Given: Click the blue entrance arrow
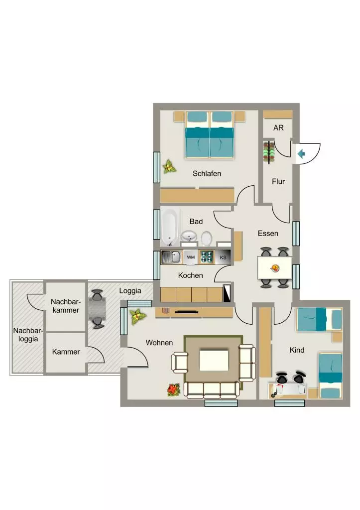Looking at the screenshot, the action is coord(301,153).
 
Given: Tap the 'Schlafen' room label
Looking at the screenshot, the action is coord(207,173).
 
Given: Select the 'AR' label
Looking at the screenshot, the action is coord(278,128).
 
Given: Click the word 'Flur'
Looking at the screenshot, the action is coord(278,181).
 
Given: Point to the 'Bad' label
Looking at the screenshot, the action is coord(196,222).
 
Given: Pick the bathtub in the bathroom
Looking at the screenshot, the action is coord(170,227).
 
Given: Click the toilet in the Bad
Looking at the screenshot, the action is coord(206,239).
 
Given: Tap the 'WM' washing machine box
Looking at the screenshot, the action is coord(191,257).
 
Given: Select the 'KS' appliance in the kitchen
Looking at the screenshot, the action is coord(223,257).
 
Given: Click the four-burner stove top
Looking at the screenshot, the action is coord(207,257).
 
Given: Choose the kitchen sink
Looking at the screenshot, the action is coord(172,257).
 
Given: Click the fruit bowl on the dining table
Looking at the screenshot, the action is coord(275,268).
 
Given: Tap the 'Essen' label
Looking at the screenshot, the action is coord(268,234).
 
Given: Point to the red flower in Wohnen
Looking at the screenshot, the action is coord(174,389).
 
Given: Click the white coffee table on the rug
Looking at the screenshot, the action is coord(214,360).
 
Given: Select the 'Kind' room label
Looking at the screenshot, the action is coord(297,350).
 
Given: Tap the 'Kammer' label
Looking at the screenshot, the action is coord(66,352).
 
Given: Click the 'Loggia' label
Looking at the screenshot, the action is coord(130,291).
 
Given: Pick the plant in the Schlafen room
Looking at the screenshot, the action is coord(169,166).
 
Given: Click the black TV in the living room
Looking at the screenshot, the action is coord(187,312).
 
